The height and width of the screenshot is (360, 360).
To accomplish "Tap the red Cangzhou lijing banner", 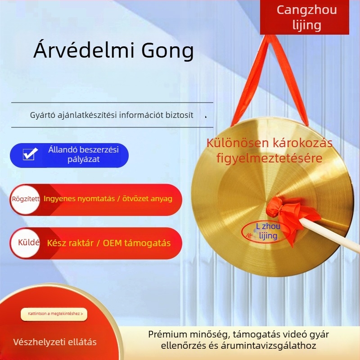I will coord(306,17).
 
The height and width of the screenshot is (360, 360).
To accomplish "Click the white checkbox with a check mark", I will coord(30,154).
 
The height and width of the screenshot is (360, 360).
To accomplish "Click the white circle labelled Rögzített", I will coord(26,198).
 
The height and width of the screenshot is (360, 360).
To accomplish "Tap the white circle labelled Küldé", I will coord(26,243).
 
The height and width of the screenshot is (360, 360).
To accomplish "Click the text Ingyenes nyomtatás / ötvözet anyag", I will coord(108,198).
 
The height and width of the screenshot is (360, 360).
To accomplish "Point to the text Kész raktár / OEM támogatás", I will coord(108,243).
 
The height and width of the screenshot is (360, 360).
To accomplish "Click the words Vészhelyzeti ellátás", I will coord(55,342).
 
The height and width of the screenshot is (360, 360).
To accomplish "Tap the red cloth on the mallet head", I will coord(282,213).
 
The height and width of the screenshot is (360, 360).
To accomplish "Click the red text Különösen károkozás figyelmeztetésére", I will coord(269,151).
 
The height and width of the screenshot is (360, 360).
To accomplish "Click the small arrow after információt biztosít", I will coord(206,117).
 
